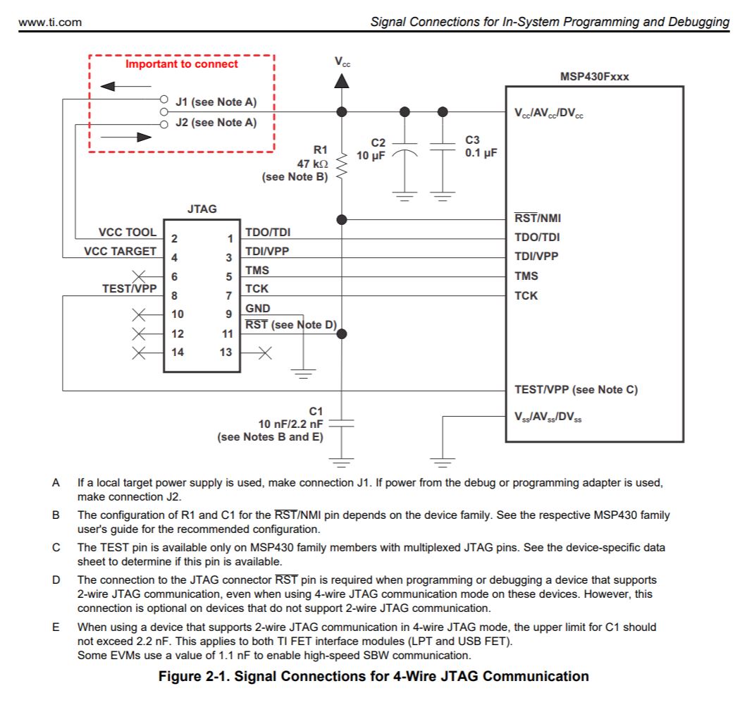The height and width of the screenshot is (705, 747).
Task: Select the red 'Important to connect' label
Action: (x=182, y=64)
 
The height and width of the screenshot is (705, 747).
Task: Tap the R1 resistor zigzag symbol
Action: (x=342, y=166)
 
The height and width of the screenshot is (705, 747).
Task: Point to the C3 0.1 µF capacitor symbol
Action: (x=443, y=148)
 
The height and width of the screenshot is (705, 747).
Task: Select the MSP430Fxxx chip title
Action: (x=594, y=77)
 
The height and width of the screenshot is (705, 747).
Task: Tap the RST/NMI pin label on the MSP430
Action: (x=538, y=219)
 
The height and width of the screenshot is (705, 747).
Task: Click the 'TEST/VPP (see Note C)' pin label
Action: (x=576, y=389)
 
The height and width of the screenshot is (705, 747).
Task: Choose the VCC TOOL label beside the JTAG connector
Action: (x=128, y=232)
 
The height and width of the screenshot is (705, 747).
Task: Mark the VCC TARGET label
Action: (x=121, y=251)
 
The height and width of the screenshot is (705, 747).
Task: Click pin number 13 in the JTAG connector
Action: (x=226, y=352)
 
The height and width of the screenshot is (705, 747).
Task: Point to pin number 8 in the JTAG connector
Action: (x=175, y=295)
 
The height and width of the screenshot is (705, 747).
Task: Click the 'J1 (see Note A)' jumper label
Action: (x=216, y=102)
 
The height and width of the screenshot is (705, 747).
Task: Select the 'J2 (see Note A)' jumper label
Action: (x=216, y=123)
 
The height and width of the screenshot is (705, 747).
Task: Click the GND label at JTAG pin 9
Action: (x=257, y=308)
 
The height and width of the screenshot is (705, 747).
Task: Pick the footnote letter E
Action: (x=56, y=626)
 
